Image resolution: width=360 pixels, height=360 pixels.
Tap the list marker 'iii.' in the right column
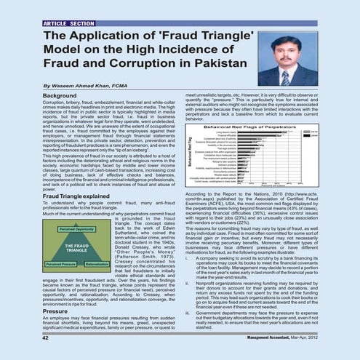coord(188,313)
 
